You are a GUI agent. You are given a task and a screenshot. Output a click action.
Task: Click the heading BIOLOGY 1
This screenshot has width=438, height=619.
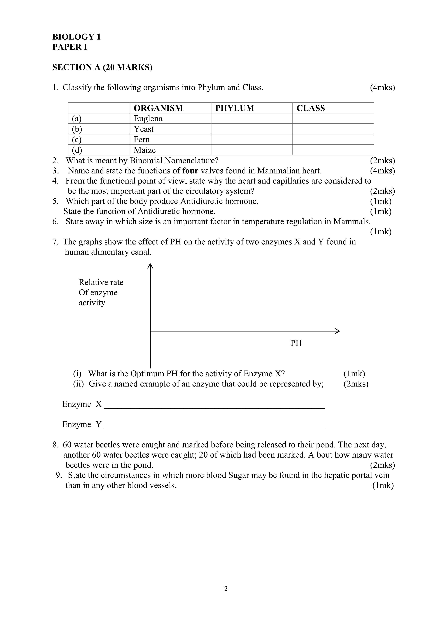pyautogui.click(x=76, y=37)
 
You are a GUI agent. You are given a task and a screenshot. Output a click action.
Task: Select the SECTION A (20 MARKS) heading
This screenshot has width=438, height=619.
pyautogui.click(x=102, y=67)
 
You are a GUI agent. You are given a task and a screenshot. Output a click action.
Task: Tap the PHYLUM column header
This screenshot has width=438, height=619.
pyautogui.click(x=234, y=108)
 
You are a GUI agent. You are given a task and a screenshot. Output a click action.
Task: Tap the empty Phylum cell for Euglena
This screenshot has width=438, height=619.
pyautogui.click(x=251, y=119)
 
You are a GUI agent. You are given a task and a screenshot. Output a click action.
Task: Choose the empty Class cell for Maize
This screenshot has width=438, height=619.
pyautogui.click(x=333, y=150)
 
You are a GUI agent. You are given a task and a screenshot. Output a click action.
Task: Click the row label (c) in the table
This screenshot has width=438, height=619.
pyautogui.click(x=77, y=140)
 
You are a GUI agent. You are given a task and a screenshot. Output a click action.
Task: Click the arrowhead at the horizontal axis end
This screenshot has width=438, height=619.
pyautogui.click(x=337, y=331)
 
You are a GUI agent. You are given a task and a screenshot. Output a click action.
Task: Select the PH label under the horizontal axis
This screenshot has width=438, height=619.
pyautogui.click(x=296, y=343)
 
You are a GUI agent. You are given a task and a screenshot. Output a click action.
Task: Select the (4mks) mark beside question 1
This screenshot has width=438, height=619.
pyautogui.click(x=382, y=88)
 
